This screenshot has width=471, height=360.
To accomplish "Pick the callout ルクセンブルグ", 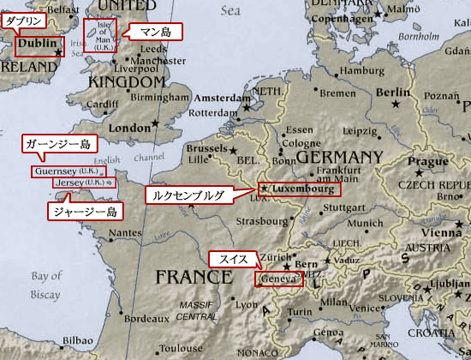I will (x=187, y=195).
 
